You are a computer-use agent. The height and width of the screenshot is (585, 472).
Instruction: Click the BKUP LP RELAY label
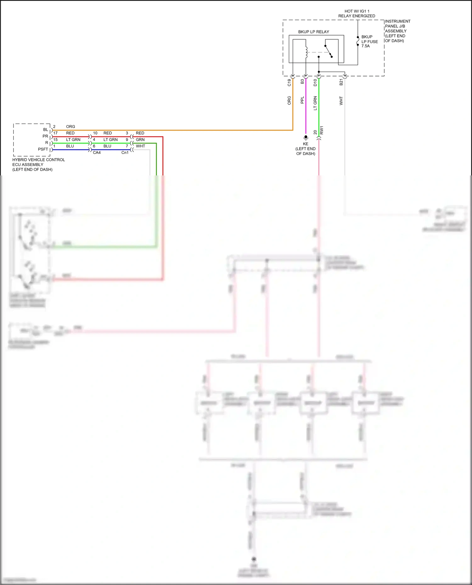point(313,32)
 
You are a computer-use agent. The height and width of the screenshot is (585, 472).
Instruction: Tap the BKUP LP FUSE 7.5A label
point(369,41)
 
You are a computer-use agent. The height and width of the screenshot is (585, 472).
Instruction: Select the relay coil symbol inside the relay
point(306,52)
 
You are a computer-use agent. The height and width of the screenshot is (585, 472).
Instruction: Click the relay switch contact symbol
point(328,51)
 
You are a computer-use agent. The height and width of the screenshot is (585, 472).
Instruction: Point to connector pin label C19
point(289,82)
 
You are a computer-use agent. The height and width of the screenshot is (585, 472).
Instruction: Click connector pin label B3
point(302,81)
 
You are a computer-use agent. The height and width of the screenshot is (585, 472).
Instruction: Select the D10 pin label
point(315,82)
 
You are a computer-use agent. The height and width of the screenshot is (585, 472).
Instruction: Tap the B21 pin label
point(341,82)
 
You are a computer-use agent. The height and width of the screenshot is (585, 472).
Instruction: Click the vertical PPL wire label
point(302,100)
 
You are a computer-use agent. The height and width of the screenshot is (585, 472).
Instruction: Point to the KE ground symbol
point(306,137)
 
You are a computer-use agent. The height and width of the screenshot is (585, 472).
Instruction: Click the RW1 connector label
point(322,130)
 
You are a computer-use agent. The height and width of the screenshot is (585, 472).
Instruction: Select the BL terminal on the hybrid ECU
point(46,130)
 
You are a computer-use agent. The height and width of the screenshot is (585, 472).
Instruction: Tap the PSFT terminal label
point(43,149)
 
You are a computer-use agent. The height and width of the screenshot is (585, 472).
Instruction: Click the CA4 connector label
point(97,153)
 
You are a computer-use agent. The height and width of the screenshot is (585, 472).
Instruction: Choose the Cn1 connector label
point(125,153)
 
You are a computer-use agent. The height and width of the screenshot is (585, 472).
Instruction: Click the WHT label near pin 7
point(140,146)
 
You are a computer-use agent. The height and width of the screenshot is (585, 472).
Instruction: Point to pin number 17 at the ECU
point(55,133)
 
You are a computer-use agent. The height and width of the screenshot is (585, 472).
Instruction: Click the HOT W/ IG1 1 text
point(357,11)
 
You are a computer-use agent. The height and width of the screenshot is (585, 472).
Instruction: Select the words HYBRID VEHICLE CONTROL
point(39,160)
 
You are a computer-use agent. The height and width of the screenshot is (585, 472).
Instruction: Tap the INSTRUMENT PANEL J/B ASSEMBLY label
point(397,26)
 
